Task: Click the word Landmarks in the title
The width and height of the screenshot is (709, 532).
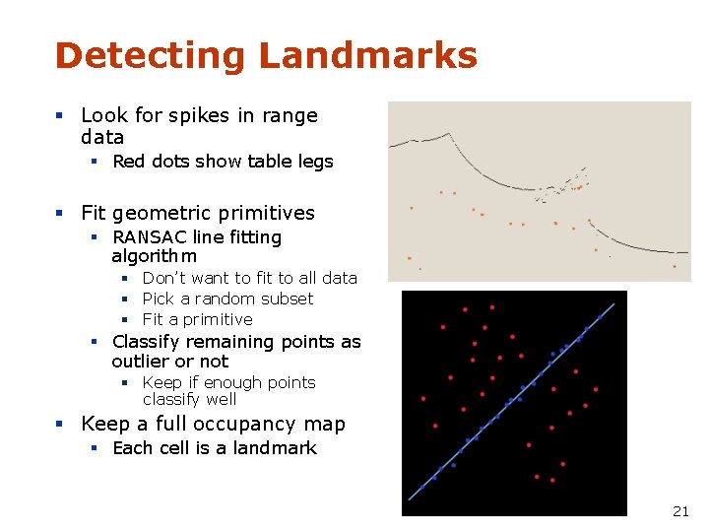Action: (367, 56)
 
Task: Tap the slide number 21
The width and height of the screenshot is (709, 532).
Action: (680, 511)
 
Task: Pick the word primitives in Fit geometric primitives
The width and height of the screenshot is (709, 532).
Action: (269, 213)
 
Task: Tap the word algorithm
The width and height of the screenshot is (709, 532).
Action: (155, 256)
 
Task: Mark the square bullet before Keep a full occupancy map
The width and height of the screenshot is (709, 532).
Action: (60, 425)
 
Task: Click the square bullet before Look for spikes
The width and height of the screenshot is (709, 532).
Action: (60, 116)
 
